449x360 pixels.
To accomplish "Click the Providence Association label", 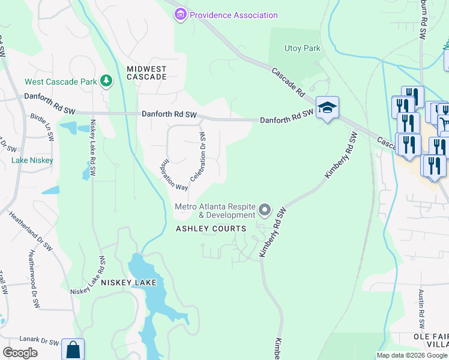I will (234, 15).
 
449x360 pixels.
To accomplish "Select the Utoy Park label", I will (303, 49).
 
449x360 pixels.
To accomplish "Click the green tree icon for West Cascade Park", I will (106, 80).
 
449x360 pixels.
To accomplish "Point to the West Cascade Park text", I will (60, 82).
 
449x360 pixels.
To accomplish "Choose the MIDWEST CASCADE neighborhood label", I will (146, 73).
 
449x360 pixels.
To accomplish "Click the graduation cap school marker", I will (327, 107).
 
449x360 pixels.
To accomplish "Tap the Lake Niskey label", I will (32, 160).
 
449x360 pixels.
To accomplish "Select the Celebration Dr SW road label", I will (199, 158).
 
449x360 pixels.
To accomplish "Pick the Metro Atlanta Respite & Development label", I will (215, 211).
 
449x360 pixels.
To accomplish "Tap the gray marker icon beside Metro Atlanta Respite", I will (265, 211).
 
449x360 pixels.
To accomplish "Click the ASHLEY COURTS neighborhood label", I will (211, 229).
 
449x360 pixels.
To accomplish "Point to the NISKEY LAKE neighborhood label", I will (128, 282).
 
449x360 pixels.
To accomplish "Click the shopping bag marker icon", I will (73, 350).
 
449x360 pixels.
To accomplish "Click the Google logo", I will (20, 353).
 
